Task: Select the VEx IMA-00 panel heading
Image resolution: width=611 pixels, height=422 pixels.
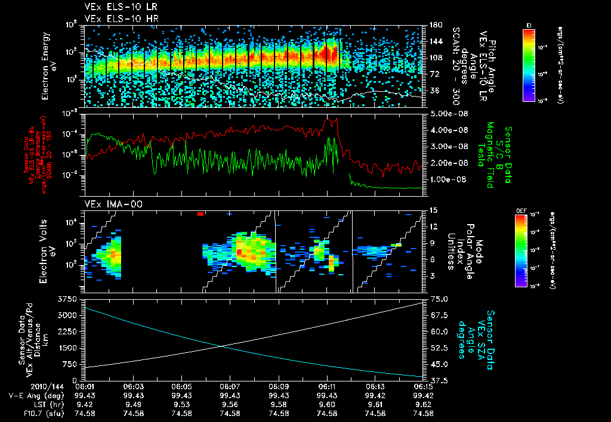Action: coord(108,204)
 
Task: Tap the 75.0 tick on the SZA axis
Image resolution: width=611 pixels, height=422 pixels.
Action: coord(439,299)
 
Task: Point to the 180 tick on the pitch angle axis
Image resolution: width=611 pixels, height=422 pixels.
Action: coord(436,25)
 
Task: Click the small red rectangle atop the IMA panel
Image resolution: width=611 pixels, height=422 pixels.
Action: coord(201,213)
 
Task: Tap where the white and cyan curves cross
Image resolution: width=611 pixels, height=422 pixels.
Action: coord(222,346)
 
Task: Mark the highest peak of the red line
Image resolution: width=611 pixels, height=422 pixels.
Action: coord(336,118)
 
